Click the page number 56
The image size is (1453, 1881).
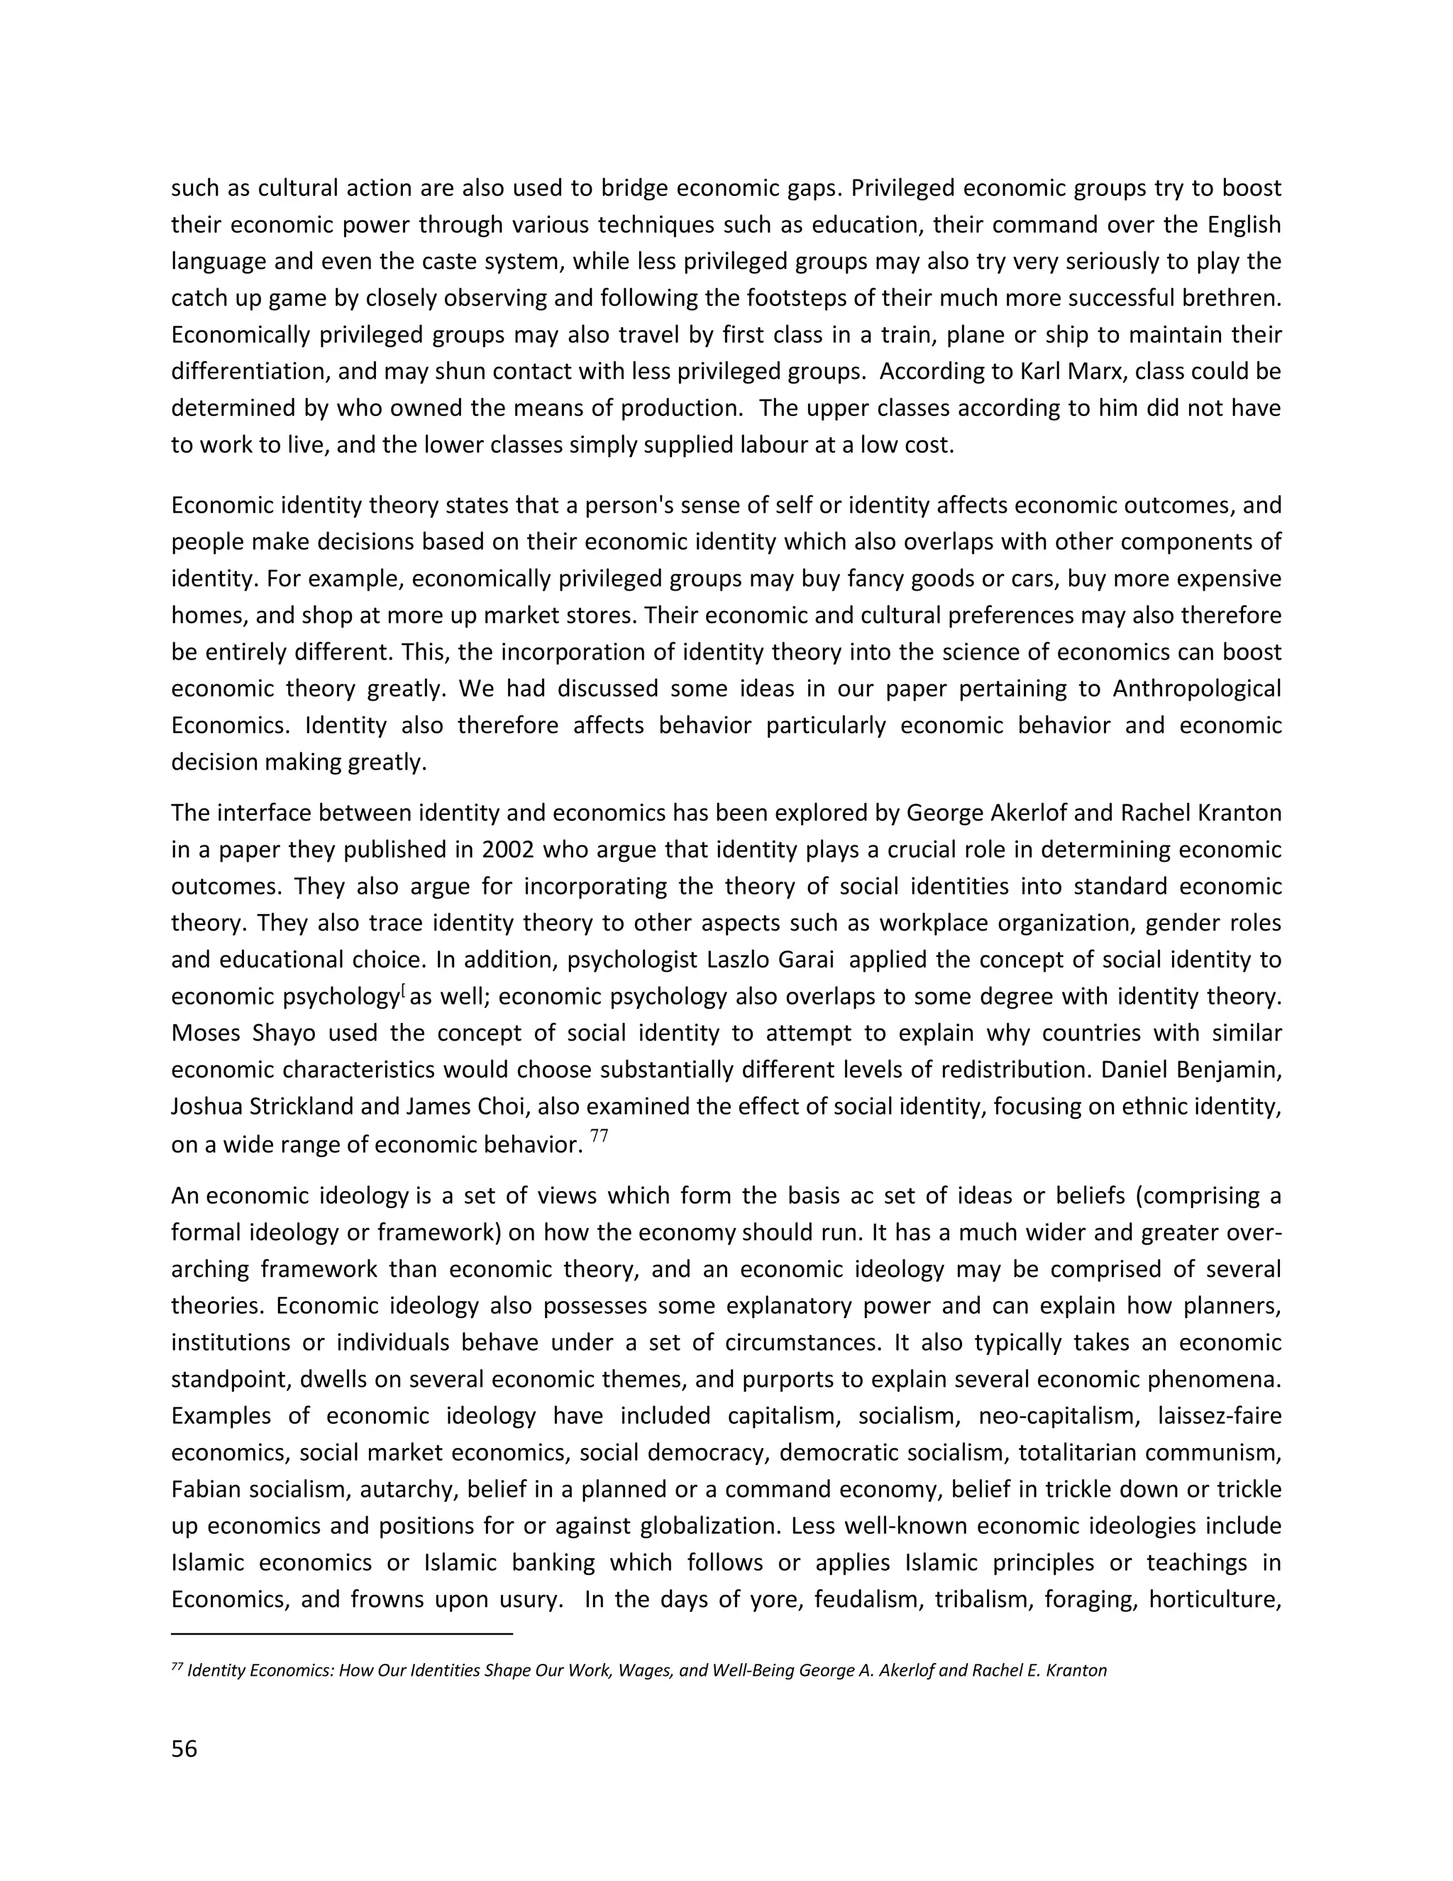(184, 1749)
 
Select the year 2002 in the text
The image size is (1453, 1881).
(509, 850)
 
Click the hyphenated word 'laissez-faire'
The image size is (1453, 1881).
(1220, 1416)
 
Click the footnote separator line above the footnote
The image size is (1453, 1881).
(342, 1633)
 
